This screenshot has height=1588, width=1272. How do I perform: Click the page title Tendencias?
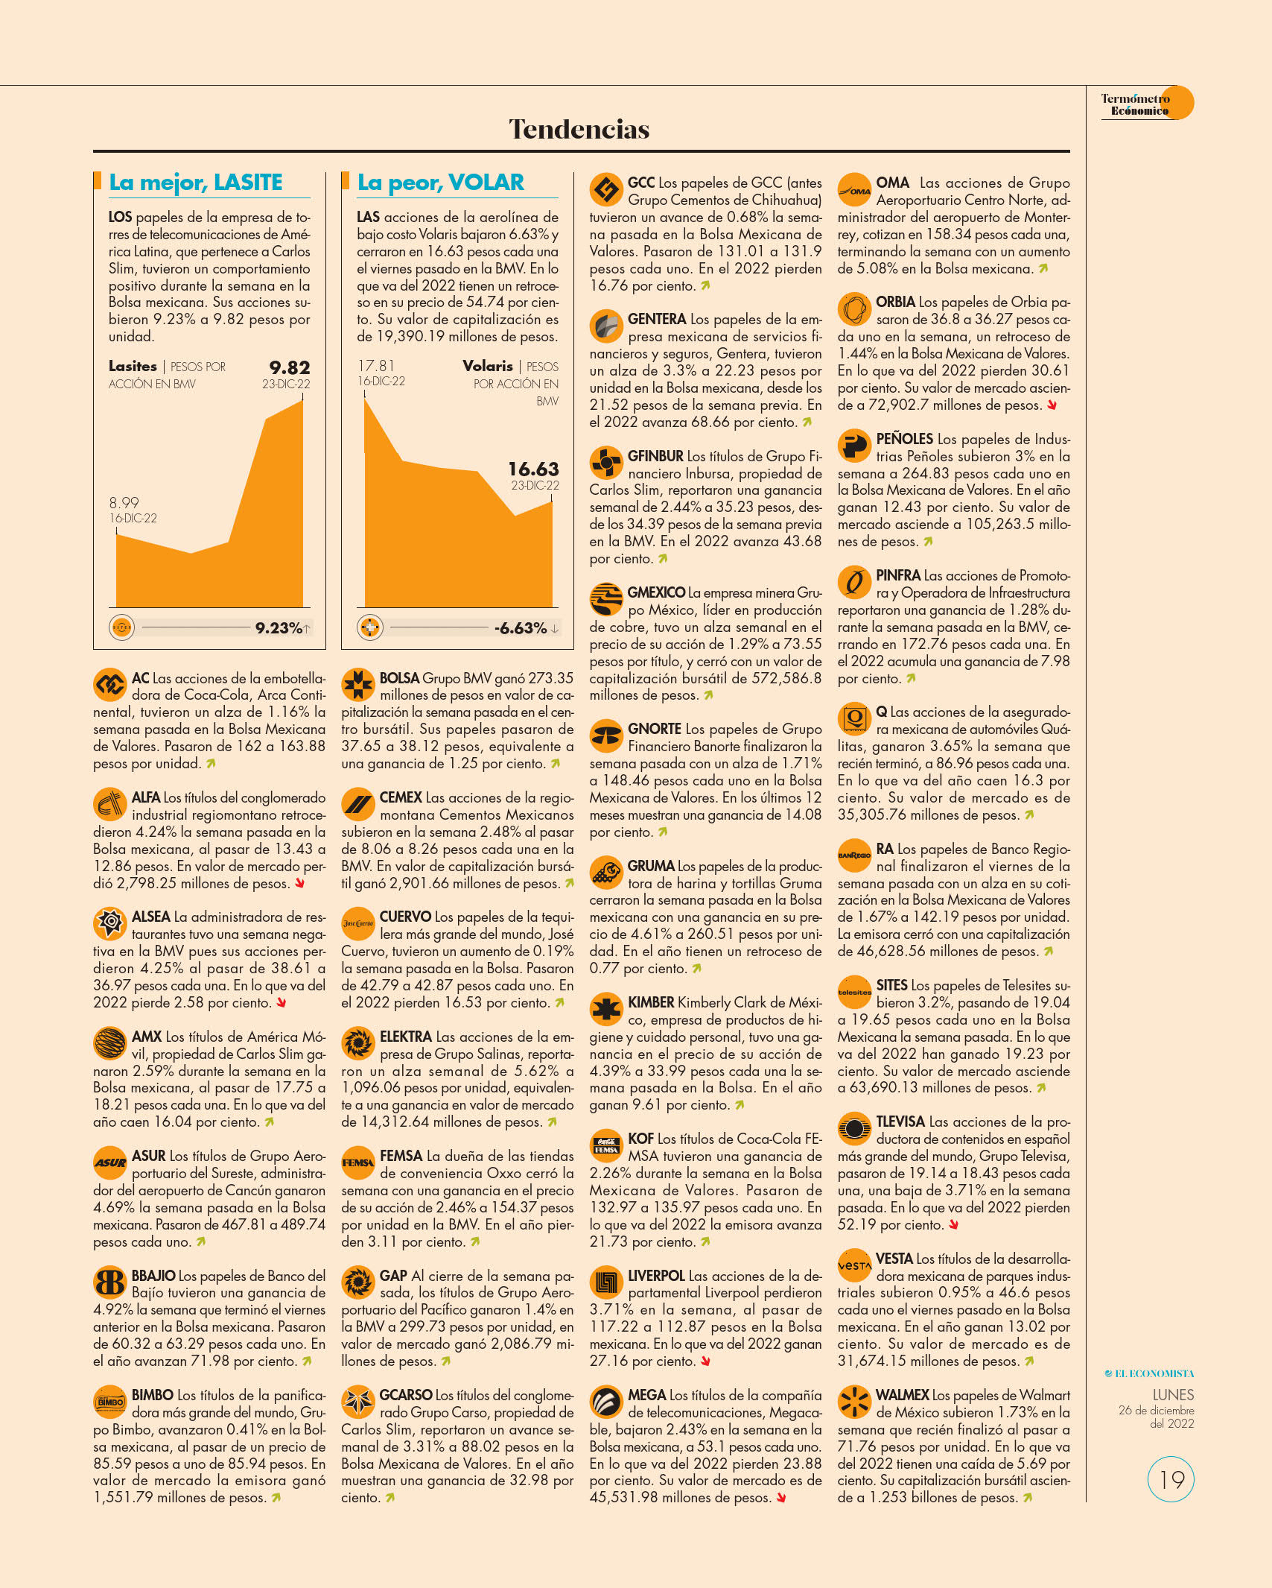pos(579,130)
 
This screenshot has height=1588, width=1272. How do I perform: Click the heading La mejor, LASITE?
pos(196,183)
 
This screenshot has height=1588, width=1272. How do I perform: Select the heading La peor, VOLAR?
pos(441,183)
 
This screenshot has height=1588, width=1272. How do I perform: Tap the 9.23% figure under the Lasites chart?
pos(279,628)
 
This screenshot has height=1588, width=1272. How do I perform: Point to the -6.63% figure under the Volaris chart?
pos(521,628)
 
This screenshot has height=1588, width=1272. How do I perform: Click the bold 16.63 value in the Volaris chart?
pos(533,469)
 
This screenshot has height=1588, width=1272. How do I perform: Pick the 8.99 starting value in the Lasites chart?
pos(124,503)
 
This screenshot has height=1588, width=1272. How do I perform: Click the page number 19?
pos(1171,1480)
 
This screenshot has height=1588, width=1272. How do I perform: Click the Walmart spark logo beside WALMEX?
pos(854,1402)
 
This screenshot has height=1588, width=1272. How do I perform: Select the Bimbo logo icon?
pos(110,1402)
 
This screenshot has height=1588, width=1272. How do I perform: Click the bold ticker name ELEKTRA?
pos(406,1037)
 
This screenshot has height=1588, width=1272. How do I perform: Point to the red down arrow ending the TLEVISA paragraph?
pos(953,1225)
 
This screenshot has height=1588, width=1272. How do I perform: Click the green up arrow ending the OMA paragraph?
pos(1043,268)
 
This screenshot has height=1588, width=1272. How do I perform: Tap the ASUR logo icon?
pos(110,1162)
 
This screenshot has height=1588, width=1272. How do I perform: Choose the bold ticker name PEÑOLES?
pos(904,439)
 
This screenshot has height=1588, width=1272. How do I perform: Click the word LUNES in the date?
pos(1173,1395)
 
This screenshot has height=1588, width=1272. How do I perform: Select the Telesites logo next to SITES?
pos(854,992)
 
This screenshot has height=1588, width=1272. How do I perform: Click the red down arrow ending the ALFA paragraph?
pos(299,884)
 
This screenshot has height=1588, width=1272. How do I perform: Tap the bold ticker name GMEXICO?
pos(656,592)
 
